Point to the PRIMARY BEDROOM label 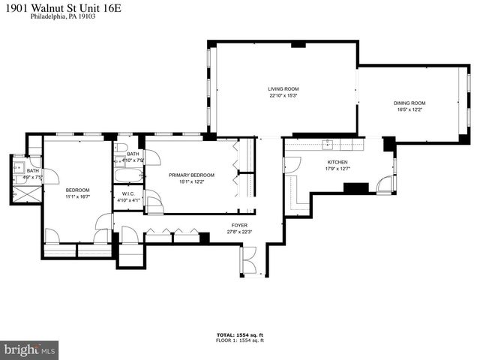coord(191,175)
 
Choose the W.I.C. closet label coord(127,194)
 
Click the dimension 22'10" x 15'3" coord(283,95)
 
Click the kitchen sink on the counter coord(328,142)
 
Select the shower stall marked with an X coord(21,190)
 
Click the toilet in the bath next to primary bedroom coord(122,146)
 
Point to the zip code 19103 coord(86,16)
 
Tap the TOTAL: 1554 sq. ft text coord(240,334)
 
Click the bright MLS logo coord(30,349)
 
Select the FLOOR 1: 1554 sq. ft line coord(240,340)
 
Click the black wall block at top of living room coord(298,45)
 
